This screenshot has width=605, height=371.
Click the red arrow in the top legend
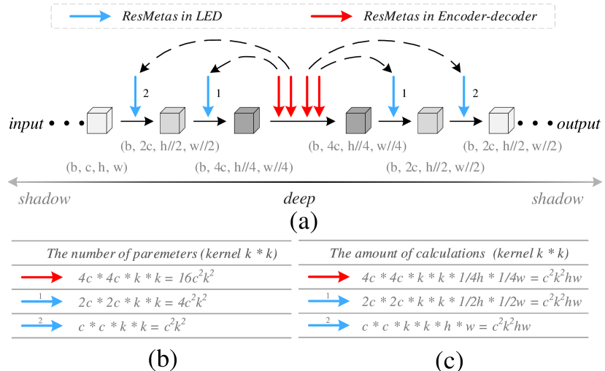pyautogui.click(x=331, y=16)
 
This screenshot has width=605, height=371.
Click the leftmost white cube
pyautogui.click(x=99, y=120)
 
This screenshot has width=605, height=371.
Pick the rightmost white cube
pyautogui.click(x=500, y=120)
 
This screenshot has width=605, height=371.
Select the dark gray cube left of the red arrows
pyautogui.click(x=246, y=120)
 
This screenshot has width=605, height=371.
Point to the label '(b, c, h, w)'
pyautogui.click(x=96, y=168)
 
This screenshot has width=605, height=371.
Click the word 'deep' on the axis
pyautogui.click(x=299, y=199)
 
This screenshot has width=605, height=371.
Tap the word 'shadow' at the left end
pyautogui.click(x=44, y=199)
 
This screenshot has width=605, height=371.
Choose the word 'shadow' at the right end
pyautogui.click(x=558, y=199)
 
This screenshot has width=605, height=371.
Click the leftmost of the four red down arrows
pyautogui.click(x=278, y=95)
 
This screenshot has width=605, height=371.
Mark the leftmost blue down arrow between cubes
pyautogui.click(x=135, y=95)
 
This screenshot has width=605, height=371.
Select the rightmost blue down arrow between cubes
pyautogui.click(x=463, y=95)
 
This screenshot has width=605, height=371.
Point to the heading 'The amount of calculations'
pyautogui.click(x=449, y=254)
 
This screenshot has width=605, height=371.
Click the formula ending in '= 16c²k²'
pyautogui.click(x=145, y=278)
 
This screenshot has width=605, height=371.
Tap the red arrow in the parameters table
pyautogui.click(x=42, y=278)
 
